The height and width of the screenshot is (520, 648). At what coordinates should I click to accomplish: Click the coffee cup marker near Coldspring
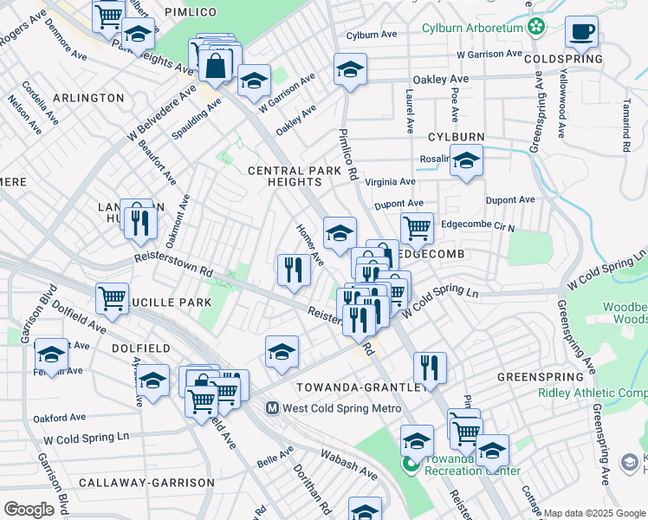(x=581, y=32)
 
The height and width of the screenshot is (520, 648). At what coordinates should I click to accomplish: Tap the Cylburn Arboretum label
(x=473, y=28)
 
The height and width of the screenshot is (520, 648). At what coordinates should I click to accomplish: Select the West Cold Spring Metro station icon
(x=271, y=407)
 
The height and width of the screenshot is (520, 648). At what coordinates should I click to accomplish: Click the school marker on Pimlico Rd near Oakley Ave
(x=350, y=70)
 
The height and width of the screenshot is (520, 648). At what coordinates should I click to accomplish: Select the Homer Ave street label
(x=309, y=246)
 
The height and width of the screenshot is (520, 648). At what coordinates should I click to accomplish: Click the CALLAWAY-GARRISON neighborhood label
(x=146, y=482)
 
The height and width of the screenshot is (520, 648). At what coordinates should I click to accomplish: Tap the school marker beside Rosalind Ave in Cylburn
(x=466, y=162)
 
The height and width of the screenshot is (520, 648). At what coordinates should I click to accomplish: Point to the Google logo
(x=29, y=509)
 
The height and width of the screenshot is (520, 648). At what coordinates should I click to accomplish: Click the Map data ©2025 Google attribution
(x=594, y=513)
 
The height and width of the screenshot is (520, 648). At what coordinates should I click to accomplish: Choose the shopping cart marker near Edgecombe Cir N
(x=417, y=228)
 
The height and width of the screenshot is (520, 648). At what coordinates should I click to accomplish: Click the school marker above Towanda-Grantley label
(x=282, y=352)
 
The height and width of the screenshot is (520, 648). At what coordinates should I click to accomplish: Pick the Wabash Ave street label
(x=349, y=465)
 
